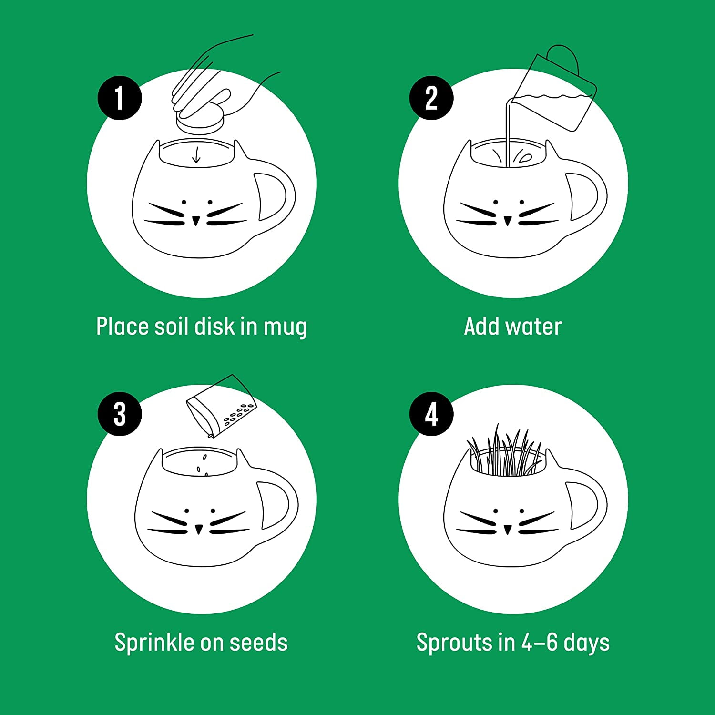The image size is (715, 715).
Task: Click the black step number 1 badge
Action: [x=120, y=98]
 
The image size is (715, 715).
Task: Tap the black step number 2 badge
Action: [x=431, y=98]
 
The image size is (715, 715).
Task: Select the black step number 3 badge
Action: [x=120, y=414]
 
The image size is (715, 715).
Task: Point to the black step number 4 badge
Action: [x=431, y=414]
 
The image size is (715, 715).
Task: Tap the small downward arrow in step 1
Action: [x=195, y=155]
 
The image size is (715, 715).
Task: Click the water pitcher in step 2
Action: [x=555, y=93]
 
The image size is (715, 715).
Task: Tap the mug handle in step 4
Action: [x=586, y=505]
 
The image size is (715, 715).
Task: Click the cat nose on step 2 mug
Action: [x=508, y=220]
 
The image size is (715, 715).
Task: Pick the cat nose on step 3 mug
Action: [x=199, y=529]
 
